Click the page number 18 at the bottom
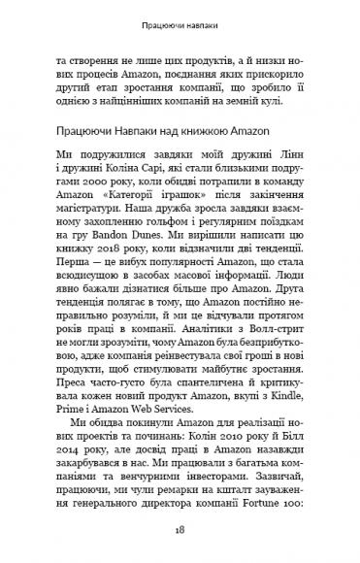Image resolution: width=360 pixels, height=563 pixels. click(180, 532)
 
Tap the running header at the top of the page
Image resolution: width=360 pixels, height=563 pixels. click(180, 19)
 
